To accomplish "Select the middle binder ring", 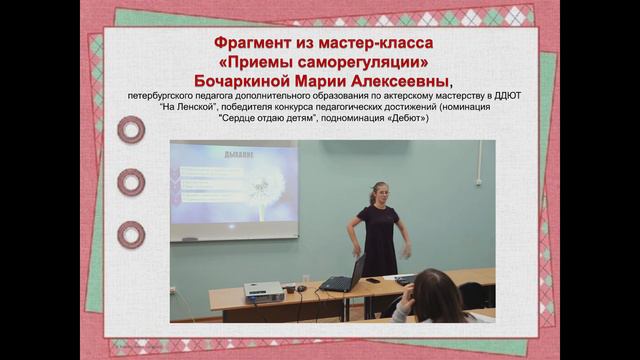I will coord(131,182).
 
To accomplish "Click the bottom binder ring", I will coord(131,235).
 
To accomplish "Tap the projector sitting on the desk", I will coord(264,292).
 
